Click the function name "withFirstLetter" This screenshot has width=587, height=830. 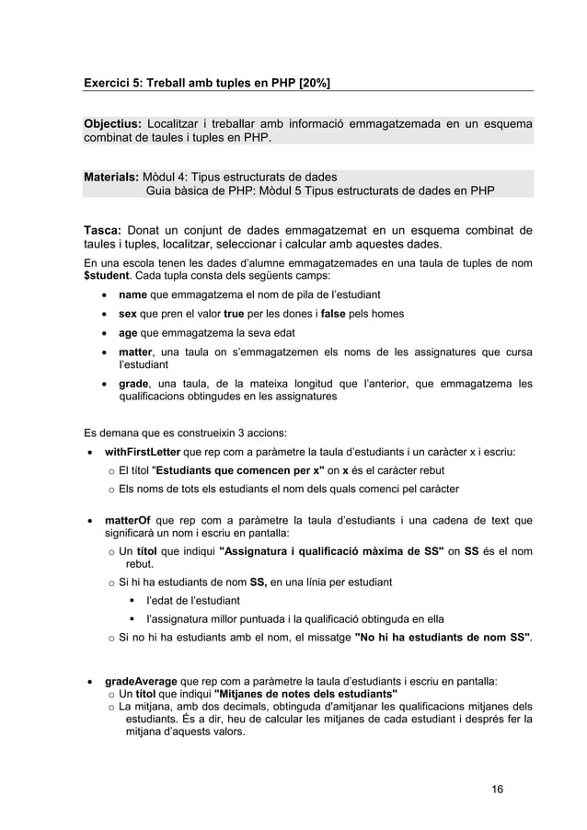tap(143, 452)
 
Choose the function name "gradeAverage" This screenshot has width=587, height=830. tap(142, 682)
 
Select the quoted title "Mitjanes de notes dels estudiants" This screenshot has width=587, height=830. tap(306, 694)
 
